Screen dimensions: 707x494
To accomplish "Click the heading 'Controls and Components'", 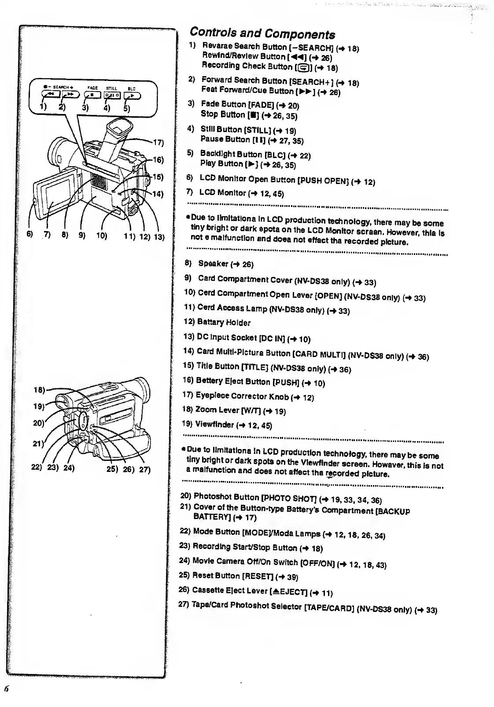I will point(262,33).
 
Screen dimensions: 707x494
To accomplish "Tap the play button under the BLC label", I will point(131,94).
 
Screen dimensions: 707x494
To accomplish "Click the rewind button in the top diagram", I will point(50,94).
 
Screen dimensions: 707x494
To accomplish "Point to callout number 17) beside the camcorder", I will point(158,143).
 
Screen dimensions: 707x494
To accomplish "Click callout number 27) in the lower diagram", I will point(145,469).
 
